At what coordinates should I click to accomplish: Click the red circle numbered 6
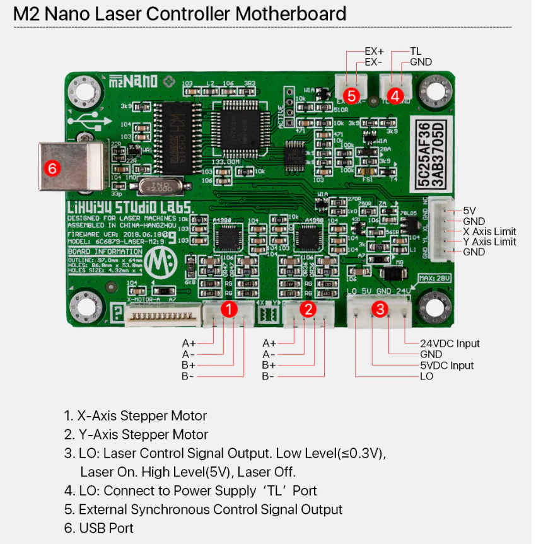[52, 168]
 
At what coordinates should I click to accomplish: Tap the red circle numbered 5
[351, 96]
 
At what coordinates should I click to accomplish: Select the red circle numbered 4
[395, 96]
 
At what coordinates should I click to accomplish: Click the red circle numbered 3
[379, 309]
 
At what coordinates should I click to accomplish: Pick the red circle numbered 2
[308, 309]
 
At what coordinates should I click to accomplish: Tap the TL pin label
[416, 51]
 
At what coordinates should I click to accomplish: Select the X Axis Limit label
[489, 231]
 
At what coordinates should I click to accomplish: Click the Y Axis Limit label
[489, 242]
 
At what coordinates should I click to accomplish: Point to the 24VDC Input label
[450, 344]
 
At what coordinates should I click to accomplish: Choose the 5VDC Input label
[446, 366]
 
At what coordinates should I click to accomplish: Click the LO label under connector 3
[427, 376]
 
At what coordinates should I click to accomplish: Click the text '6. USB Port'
[99, 528]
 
